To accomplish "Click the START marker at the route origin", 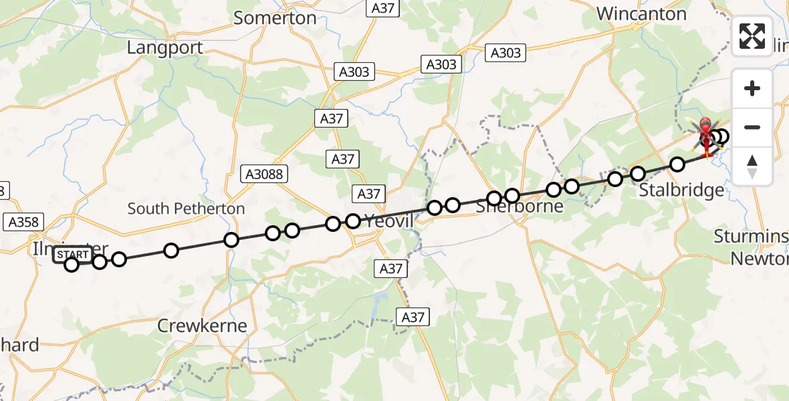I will [73, 255].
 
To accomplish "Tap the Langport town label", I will [164, 48].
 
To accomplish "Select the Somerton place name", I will [275, 18].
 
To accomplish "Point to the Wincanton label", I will [641, 14].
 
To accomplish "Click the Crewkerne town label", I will [202, 326].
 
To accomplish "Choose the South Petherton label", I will [186, 209].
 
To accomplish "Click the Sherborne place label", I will [520, 207].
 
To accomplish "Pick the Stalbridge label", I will [681, 190].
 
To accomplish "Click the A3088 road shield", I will [265, 175].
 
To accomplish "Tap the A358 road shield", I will [23, 222].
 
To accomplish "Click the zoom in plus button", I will [752, 88].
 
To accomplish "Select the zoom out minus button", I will [752, 127].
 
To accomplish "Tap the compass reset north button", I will [752, 166].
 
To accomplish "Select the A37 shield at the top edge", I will [384, 8].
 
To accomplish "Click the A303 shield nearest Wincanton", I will [506, 53].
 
